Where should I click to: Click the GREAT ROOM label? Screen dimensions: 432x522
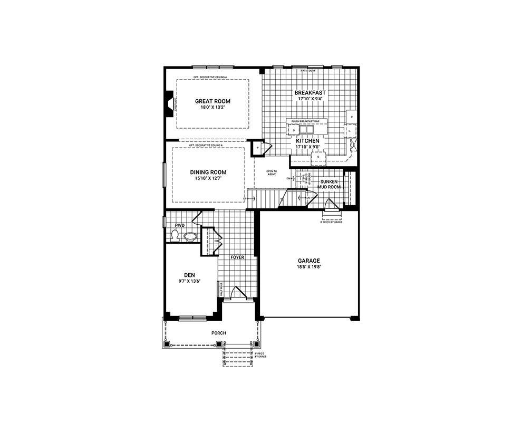pyautogui.click(x=212, y=101)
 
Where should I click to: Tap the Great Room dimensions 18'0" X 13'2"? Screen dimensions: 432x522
pyautogui.click(x=212, y=108)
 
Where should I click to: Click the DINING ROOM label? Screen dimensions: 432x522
pyautogui.click(x=208, y=172)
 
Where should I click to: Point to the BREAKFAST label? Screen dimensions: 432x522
pyautogui.click(x=310, y=92)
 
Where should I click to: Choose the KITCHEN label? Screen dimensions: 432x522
pyautogui.click(x=307, y=141)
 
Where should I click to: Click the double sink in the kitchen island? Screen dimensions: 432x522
pyautogui.click(x=307, y=130)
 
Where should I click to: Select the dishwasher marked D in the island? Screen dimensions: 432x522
pyautogui.click(x=294, y=130)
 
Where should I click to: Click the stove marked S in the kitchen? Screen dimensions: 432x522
pyautogui.click(x=318, y=157)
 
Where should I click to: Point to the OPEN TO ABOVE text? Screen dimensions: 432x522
pyautogui.click(x=272, y=172)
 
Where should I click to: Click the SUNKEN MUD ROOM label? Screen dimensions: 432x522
pyautogui.click(x=330, y=184)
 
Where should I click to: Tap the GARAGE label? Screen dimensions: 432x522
pyautogui.click(x=308, y=260)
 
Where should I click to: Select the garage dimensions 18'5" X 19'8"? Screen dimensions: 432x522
pyautogui.click(x=308, y=267)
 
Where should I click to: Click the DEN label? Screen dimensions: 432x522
pyautogui.click(x=190, y=274)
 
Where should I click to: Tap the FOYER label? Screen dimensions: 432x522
pyautogui.click(x=237, y=257)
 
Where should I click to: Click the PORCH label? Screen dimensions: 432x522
pyautogui.click(x=218, y=333)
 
